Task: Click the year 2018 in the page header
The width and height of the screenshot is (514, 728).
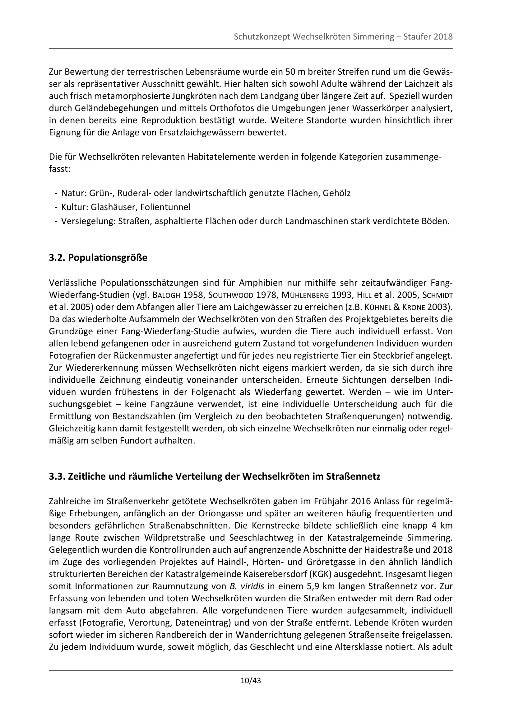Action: click(443, 37)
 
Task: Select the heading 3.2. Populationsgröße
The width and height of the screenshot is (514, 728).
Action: click(98, 258)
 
